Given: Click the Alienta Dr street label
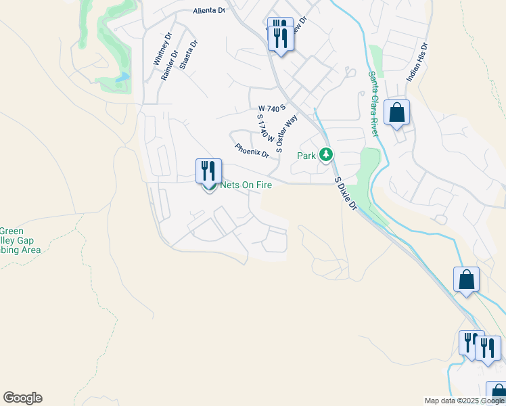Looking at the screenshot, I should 208,10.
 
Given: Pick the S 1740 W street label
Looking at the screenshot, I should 264,128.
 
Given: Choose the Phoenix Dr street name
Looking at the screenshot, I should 252,151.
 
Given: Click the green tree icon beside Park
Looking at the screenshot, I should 327,156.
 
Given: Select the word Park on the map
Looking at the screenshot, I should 306,156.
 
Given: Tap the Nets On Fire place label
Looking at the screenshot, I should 246,183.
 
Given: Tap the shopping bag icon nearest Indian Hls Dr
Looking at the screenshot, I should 397,112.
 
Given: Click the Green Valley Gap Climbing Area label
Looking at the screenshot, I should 20,240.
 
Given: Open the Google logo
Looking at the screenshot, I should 22,398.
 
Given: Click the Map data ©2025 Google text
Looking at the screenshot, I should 464,401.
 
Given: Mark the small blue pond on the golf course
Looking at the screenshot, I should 122,77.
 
